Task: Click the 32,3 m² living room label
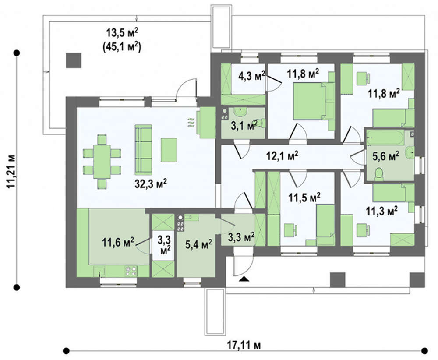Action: tap(151, 184)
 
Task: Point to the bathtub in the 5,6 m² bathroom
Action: tap(385, 138)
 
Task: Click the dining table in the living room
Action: tap(102, 162)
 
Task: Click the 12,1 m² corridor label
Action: tap(282, 156)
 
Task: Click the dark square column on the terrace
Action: tap(74, 60)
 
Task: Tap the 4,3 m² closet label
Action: tap(252, 75)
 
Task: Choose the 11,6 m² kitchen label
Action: tap(118, 242)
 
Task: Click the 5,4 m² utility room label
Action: tap(198, 244)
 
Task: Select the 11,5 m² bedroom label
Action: tap(304, 198)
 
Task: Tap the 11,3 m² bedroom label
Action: tap(382, 212)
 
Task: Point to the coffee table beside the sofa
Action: tap(169, 150)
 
